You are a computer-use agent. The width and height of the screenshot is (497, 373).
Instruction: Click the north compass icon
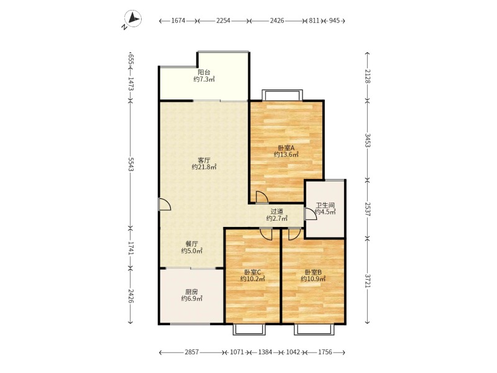(133, 19)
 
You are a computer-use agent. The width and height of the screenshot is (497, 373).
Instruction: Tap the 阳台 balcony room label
(204, 72)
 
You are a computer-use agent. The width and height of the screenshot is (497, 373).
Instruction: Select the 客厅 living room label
(204, 160)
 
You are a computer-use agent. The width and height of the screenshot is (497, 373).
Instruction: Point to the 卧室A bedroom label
(286, 148)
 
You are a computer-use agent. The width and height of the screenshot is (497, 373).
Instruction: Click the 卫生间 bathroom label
(325, 205)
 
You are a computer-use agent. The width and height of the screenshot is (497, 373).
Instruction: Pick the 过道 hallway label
(276, 211)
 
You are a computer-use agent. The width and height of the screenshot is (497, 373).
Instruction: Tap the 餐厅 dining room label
(192, 244)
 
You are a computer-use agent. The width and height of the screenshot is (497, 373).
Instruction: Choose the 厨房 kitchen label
(192, 292)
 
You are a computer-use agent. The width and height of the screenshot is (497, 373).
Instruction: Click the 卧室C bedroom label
(253, 272)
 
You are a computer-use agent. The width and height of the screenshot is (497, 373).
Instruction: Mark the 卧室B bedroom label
(313, 272)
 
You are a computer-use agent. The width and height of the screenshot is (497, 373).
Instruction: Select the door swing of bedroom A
(262, 196)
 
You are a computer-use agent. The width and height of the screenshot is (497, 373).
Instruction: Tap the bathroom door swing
(310, 214)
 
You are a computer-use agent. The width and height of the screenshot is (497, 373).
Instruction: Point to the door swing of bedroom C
(267, 234)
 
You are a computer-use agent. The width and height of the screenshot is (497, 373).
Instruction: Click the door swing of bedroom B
(294, 234)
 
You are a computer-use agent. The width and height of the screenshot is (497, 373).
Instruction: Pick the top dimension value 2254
(223, 21)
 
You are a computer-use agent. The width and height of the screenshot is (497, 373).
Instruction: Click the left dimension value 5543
(130, 164)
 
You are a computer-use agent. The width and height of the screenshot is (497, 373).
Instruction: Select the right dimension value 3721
(367, 281)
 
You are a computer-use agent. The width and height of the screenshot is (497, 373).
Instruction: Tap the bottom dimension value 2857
(191, 352)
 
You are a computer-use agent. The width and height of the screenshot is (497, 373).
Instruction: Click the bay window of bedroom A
(282, 95)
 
